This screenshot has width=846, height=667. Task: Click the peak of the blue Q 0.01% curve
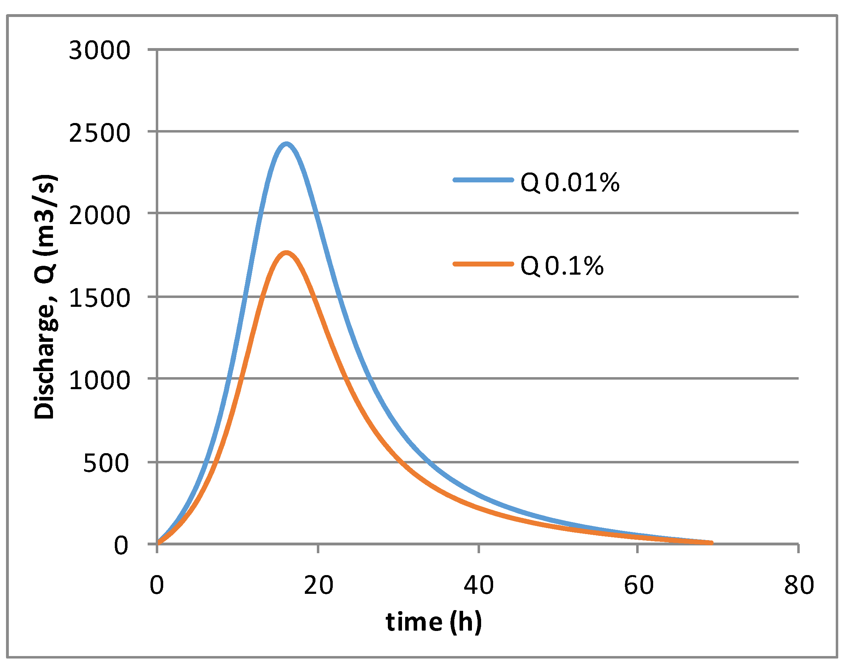[286, 144]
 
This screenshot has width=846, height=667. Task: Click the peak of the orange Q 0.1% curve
[286, 253]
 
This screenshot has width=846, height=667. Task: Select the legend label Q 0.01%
[570, 182]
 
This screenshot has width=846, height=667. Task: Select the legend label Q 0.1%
[562, 266]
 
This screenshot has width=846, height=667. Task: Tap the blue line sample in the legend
[483, 180]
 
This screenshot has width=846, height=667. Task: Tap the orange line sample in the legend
[483, 264]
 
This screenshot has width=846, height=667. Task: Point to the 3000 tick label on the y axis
[99, 51]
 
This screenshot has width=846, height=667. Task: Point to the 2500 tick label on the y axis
[99, 133]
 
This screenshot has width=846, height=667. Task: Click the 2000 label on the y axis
[99, 216]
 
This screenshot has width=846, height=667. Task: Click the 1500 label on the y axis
[99, 298]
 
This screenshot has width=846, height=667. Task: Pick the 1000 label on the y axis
[99, 380]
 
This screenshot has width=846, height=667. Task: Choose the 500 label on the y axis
[106, 463]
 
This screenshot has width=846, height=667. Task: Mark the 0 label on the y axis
[120, 545]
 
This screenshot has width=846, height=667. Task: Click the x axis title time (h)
[433, 622]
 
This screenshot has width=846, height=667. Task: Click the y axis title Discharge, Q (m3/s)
[45, 297]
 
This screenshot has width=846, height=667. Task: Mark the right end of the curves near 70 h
[711, 543]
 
